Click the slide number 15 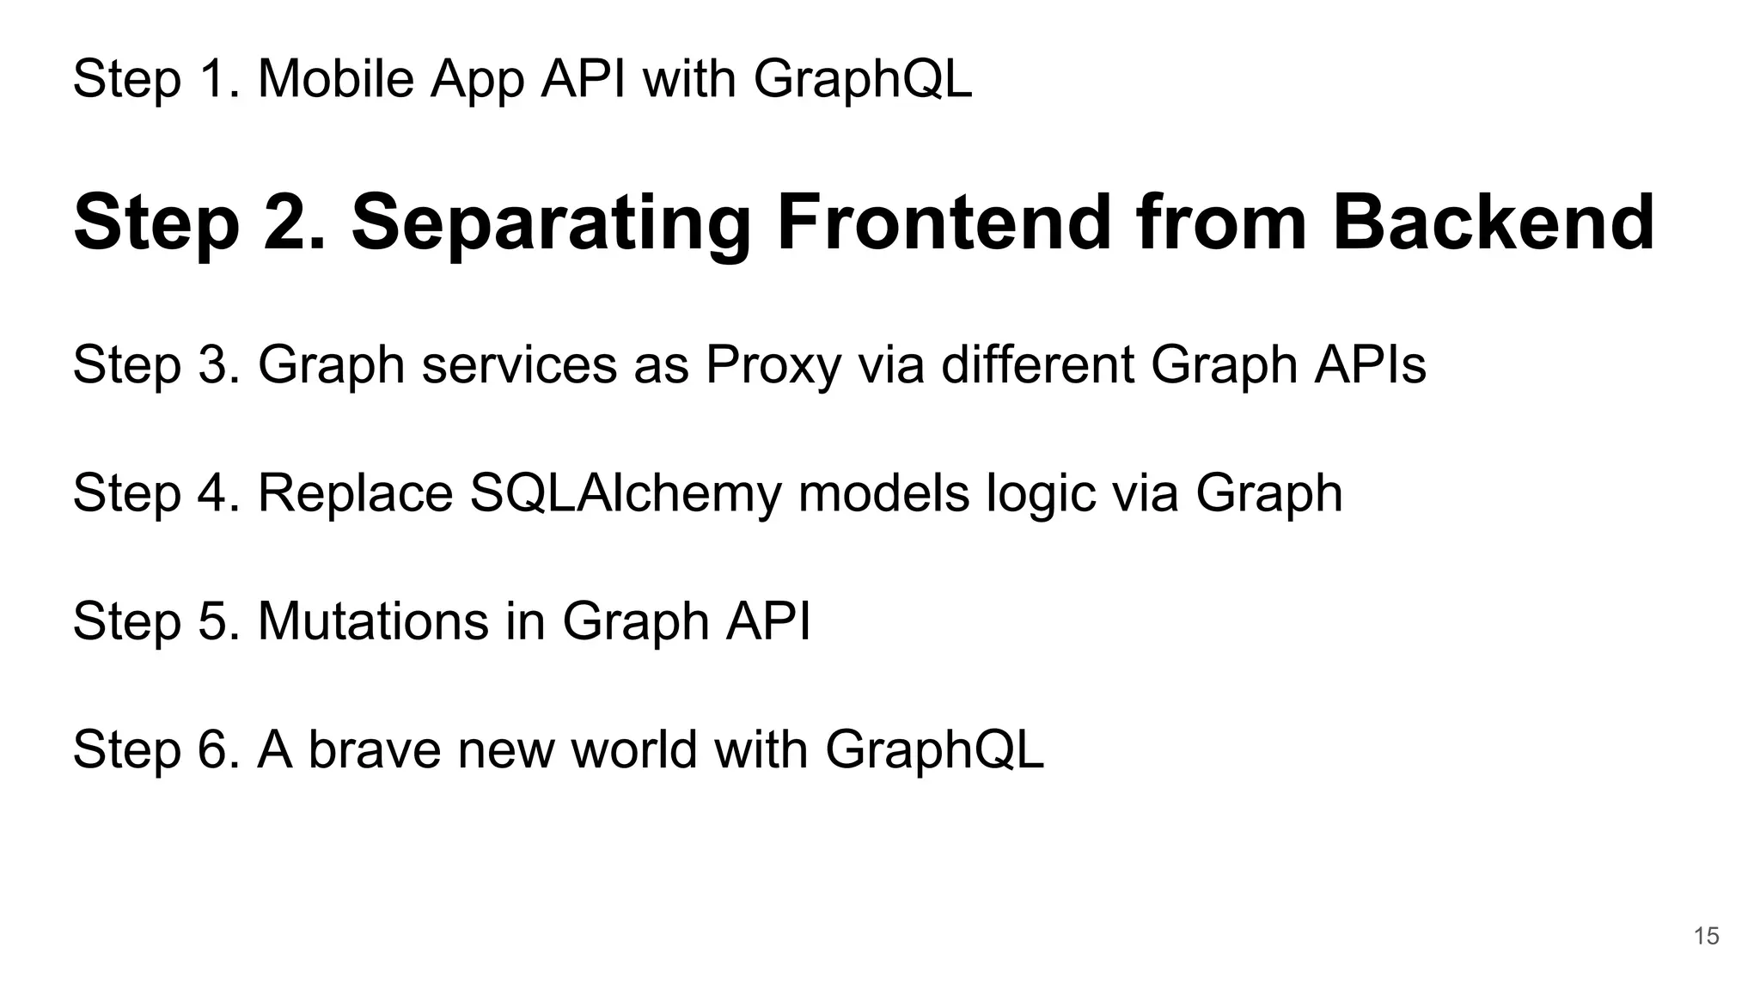(1706, 936)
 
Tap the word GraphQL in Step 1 (863, 81)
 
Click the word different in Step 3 (1036, 364)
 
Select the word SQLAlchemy (626, 494)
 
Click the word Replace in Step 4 (355, 494)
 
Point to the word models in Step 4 (883, 493)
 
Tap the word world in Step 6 (633, 749)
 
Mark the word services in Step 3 (519, 364)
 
